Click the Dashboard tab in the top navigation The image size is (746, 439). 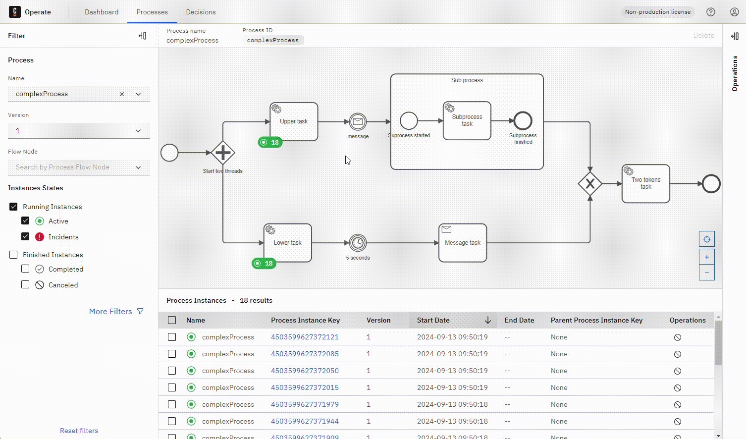point(102,12)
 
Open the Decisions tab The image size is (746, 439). point(201,12)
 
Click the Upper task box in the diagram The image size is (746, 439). point(294,121)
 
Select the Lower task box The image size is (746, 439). point(288,242)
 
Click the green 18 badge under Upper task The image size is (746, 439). point(270,143)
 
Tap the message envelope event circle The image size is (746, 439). point(358,121)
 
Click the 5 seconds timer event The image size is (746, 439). point(358,243)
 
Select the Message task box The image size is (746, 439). point(463,243)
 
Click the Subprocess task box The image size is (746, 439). point(467,121)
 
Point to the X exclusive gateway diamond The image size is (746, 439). point(590,184)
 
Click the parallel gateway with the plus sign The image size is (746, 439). point(223,153)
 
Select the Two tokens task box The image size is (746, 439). point(646,184)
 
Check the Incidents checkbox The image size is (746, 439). point(25,237)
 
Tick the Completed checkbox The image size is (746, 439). point(25,269)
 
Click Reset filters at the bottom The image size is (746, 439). point(79,431)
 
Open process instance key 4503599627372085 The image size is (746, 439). point(305,354)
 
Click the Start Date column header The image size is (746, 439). point(433,320)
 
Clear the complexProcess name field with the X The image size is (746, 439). point(122,94)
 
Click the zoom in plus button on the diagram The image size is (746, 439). point(706,257)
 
